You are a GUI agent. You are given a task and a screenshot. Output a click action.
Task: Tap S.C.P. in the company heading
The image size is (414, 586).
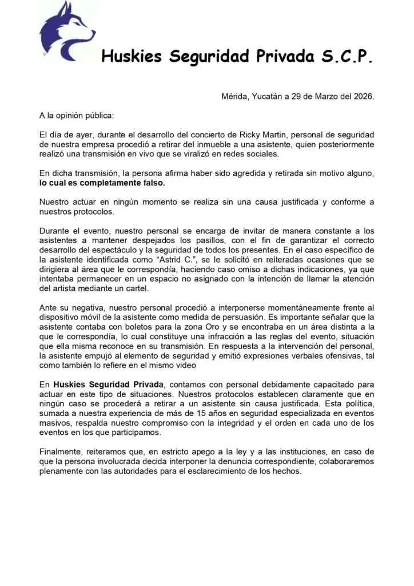(x=346, y=57)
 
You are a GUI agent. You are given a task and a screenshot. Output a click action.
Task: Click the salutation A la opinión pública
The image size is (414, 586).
(x=77, y=115)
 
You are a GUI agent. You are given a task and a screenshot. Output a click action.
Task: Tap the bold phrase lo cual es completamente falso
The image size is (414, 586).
(x=102, y=184)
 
